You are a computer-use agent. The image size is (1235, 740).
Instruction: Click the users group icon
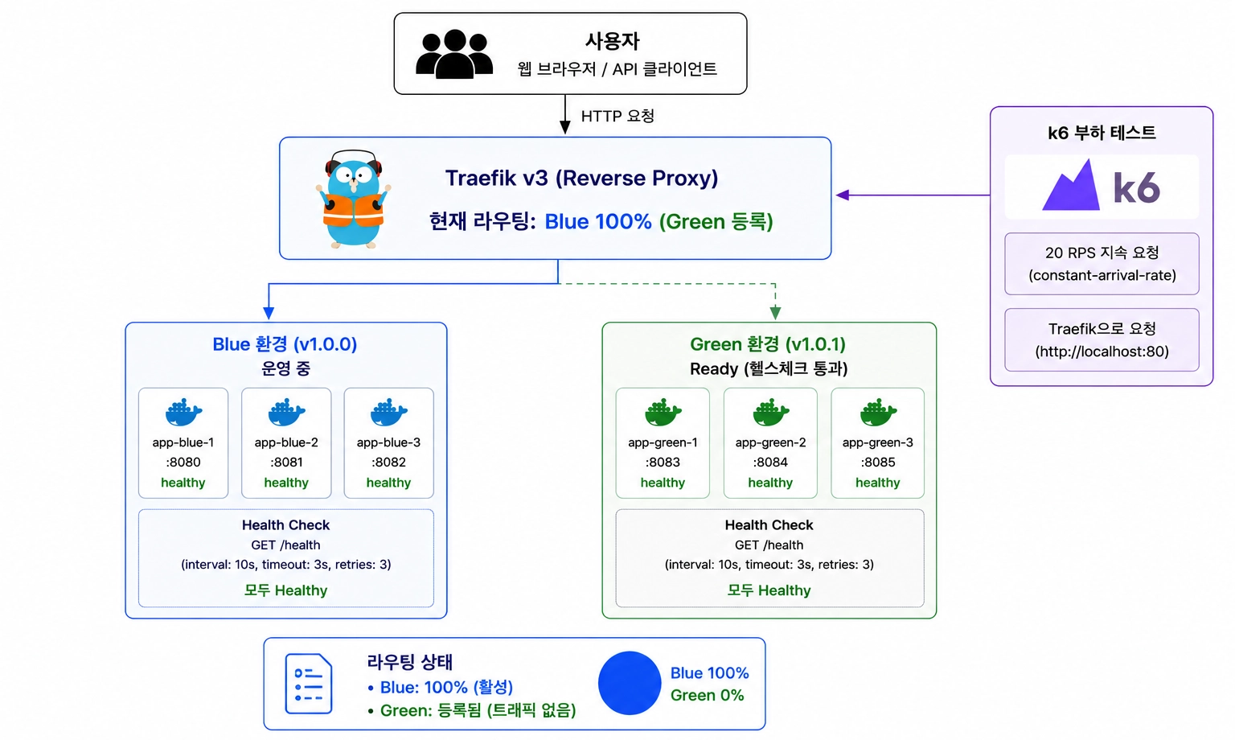[x=454, y=53]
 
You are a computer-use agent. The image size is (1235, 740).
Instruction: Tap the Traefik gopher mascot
[x=354, y=199]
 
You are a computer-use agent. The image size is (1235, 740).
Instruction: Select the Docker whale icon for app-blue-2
[x=286, y=412]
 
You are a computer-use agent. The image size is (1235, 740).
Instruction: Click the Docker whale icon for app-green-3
[x=878, y=412]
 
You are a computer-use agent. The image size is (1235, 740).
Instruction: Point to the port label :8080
[x=183, y=462]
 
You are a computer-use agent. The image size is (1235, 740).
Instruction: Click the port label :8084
[x=770, y=462]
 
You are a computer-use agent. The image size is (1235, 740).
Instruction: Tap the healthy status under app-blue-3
[x=388, y=483]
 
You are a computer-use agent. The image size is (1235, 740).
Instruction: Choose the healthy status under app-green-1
[x=663, y=483]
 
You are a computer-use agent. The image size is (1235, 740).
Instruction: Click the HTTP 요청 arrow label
[x=617, y=116]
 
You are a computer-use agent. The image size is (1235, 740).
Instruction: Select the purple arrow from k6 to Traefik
[x=913, y=195]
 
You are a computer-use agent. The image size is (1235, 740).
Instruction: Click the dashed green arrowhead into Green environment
[x=775, y=313]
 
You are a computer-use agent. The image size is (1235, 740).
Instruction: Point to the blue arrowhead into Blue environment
[x=269, y=313]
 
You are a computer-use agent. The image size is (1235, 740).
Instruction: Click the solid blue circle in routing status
[x=630, y=683]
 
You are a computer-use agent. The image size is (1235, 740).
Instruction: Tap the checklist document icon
[x=309, y=684]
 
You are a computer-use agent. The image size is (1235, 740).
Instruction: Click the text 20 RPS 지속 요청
[x=1102, y=253]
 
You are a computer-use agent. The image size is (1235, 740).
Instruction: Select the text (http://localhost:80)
[x=1102, y=351]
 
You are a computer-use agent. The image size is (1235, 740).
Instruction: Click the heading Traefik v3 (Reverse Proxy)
[x=581, y=178]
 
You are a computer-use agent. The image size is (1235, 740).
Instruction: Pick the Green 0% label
[x=708, y=695]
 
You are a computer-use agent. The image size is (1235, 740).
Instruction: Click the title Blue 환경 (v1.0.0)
[x=285, y=344]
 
